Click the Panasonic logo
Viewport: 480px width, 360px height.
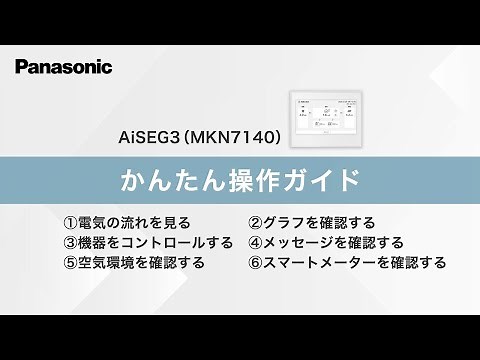(x=64, y=66)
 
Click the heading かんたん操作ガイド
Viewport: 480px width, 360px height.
(x=239, y=182)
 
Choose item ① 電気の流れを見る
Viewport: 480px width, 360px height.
(x=126, y=222)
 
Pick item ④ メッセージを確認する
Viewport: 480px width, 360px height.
(x=325, y=242)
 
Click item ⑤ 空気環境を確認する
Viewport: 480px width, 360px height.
(x=133, y=263)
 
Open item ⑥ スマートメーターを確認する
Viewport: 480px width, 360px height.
(x=346, y=263)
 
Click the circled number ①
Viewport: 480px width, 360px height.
(x=69, y=222)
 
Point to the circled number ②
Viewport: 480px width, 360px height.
(x=255, y=222)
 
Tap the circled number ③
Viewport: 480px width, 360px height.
(x=69, y=242)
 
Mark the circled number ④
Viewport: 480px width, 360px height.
(x=255, y=242)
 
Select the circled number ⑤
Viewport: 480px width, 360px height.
(x=69, y=263)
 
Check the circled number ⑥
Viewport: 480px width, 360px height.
(x=255, y=263)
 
